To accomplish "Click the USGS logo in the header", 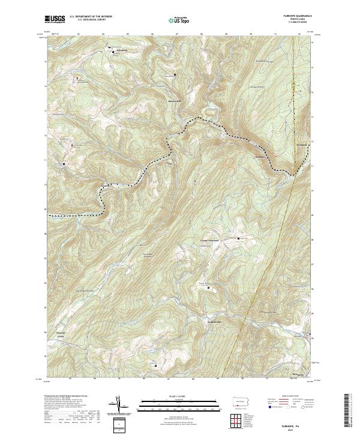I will coord(55,19).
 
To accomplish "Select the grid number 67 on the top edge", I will coord(177,34).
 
